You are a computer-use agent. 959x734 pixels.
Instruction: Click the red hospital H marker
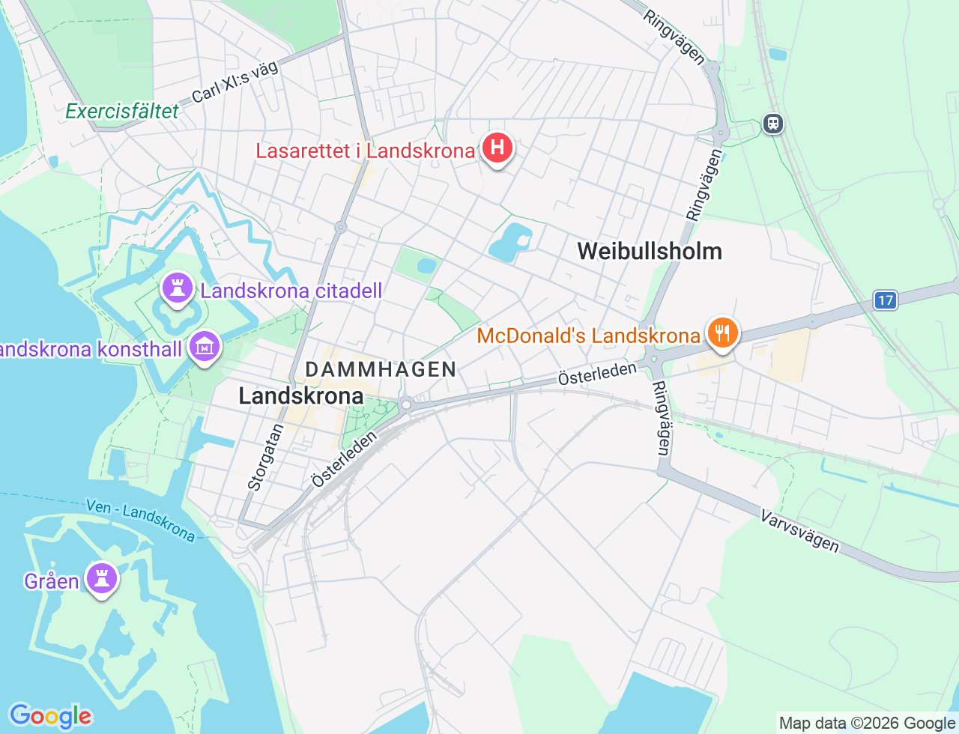coord(497,148)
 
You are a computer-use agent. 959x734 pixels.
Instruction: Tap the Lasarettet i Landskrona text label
coord(365,151)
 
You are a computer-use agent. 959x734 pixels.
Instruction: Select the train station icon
coord(773,124)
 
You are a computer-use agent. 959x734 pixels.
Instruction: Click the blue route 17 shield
coord(886,300)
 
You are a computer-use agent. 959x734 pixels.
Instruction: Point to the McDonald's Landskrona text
coord(588,336)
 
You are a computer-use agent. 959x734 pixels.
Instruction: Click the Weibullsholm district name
coord(650,252)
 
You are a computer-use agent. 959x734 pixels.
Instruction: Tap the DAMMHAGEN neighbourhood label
coord(381,369)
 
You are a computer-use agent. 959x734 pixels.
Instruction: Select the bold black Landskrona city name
coord(301,396)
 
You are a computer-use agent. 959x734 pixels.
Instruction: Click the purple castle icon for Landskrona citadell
coord(178,288)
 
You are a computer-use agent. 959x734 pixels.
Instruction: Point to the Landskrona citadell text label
coord(291,291)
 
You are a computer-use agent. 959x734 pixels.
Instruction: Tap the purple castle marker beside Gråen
coord(101,579)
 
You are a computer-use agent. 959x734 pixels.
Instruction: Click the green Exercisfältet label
coord(121,112)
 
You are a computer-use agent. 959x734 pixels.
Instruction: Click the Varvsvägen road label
coord(799,531)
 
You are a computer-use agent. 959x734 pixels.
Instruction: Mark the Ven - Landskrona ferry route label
coord(141,520)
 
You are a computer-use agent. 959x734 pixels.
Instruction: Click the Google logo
coord(50,716)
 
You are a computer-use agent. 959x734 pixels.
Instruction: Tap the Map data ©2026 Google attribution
coord(867,724)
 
